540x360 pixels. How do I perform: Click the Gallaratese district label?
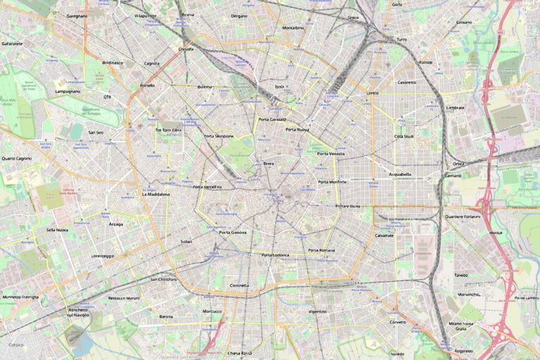click(12, 44)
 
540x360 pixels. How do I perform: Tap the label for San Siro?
click(96, 132)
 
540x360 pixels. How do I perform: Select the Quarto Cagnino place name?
click(17, 158)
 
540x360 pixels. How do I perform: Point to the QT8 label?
click(107, 97)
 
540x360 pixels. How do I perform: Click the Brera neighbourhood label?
click(268, 163)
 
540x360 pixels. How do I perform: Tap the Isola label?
click(279, 86)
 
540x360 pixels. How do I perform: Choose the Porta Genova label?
click(233, 232)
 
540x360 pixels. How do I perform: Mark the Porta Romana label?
click(322, 250)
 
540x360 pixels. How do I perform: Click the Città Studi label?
click(404, 136)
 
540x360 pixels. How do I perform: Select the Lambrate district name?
click(456, 108)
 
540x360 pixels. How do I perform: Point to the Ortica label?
click(458, 164)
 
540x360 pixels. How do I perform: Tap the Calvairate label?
click(384, 235)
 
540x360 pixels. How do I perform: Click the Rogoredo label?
click(463, 350)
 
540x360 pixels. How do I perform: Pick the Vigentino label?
click(317, 311)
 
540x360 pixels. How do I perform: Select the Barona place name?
click(166, 316)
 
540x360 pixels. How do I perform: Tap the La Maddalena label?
click(155, 194)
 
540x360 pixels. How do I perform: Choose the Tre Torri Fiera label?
click(168, 130)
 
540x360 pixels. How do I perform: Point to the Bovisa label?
click(188, 15)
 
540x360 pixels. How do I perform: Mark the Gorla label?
click(397, 4)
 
